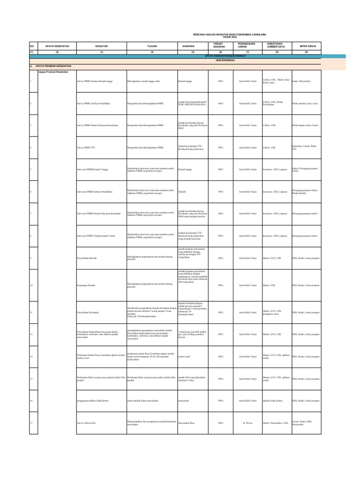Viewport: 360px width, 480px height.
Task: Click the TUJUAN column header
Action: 151,46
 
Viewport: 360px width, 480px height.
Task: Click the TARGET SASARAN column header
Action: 219,45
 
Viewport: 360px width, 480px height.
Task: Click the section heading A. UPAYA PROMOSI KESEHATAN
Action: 51,67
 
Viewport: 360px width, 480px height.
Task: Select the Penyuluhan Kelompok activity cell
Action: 88,312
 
